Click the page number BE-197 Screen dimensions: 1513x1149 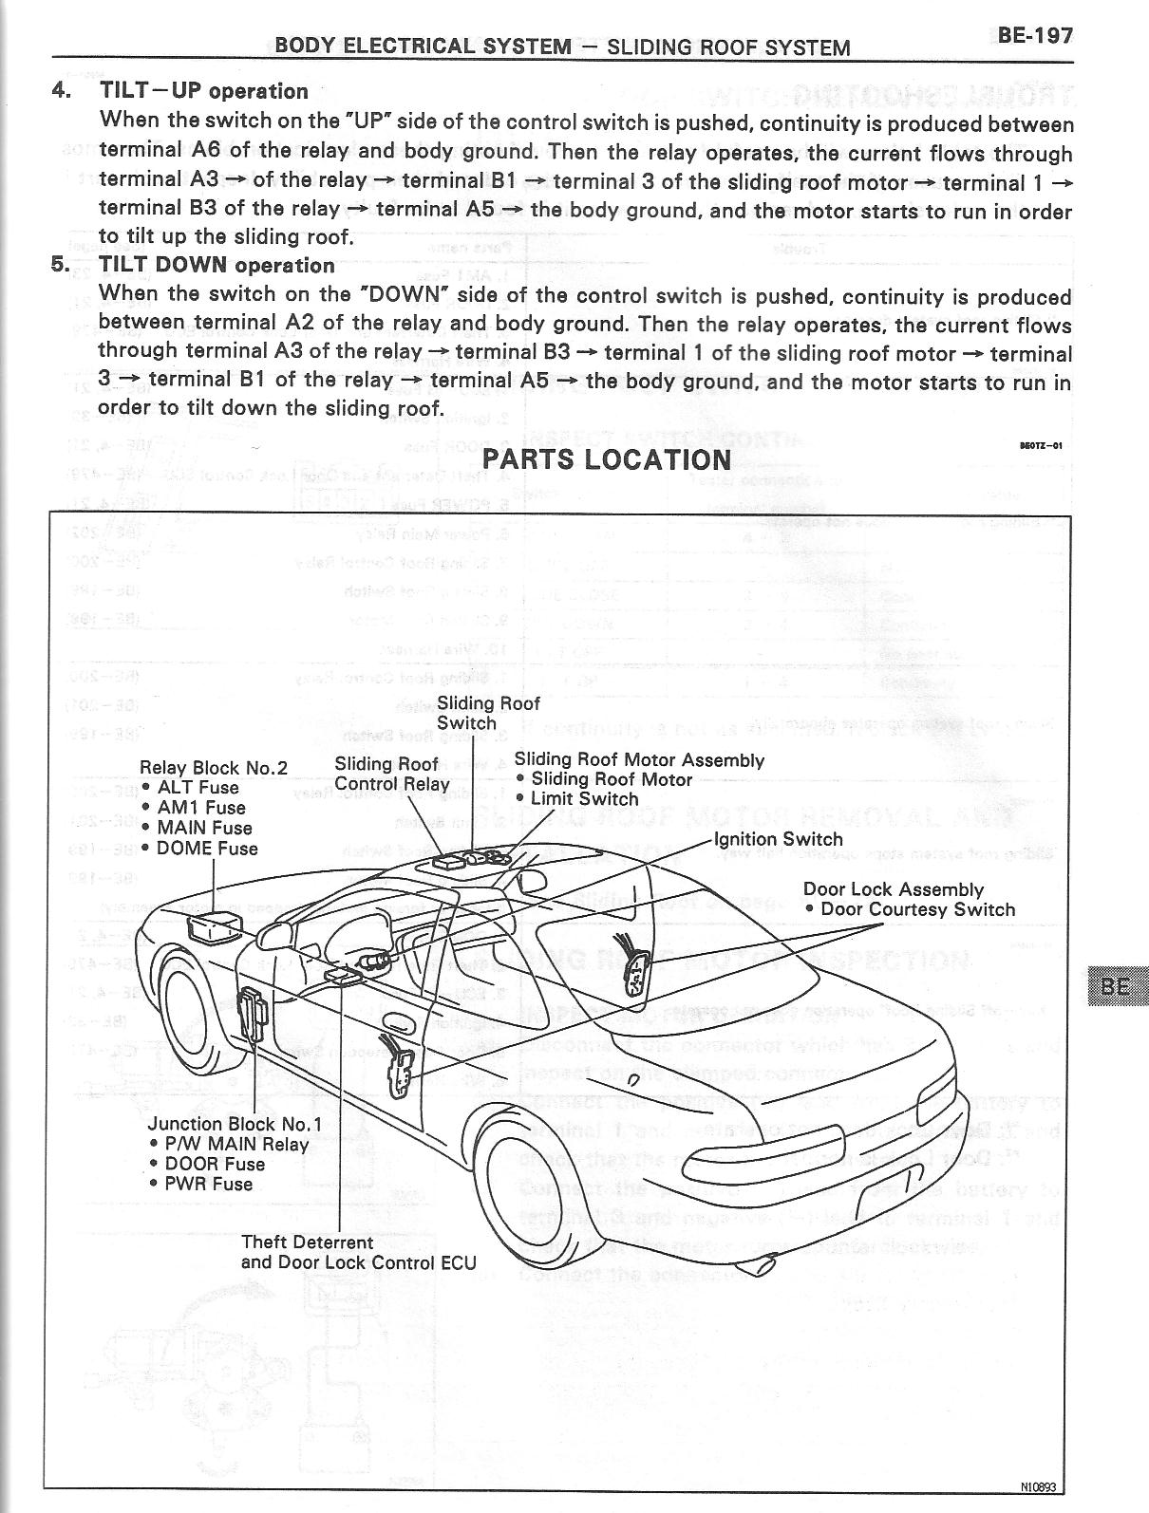pyautogui.click(x=1035, y=36)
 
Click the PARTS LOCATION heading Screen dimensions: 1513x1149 pyautogui.click(x=607, y=459)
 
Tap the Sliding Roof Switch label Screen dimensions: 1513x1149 pyautogui.click(x=487, y=713)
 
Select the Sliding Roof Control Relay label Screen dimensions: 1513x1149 pyautogui.click(x=391, y=775)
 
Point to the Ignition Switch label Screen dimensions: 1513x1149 pyautogui.click(x=779, y=839)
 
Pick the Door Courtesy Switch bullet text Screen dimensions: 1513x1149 pyautogui.click(x=917, y=909)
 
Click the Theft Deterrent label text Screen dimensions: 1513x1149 pyautogui.click(x=307, y=1242)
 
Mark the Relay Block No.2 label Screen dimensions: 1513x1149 pyautogui.click(x=213, y=768)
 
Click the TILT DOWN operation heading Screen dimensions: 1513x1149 pyautogui.click(x=217, y=265)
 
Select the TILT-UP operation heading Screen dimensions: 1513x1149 pyautogui.click(x=203, y=91)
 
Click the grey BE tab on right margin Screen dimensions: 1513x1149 pyautogui.click(x=1118, y=986)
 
